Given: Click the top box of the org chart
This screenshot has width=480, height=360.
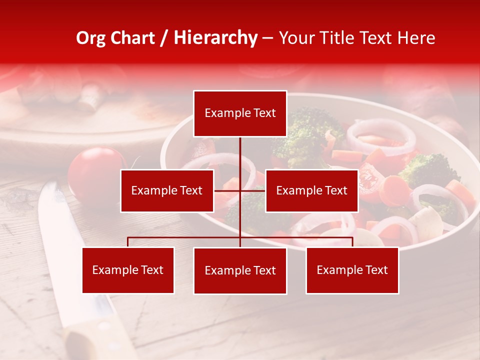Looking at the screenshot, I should (240, 113).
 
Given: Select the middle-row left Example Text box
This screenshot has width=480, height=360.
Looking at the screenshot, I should (167, 190).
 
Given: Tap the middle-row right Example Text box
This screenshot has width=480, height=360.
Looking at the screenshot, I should (311, 190).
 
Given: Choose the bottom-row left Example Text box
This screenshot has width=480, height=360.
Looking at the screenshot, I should (128, 270).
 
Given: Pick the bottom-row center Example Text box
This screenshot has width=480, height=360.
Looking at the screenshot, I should (240, 271).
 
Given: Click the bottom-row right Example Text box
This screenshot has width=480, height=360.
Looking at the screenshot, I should (352, 270).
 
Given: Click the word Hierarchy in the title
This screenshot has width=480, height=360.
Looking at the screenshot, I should (215, 38).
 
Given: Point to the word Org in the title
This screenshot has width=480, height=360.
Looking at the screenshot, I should (90, 38).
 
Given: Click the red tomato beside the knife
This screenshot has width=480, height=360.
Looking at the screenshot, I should (95, 172).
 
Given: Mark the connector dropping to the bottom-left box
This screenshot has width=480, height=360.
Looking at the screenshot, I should (128, 242).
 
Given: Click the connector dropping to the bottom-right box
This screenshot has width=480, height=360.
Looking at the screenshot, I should (352, 242).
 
